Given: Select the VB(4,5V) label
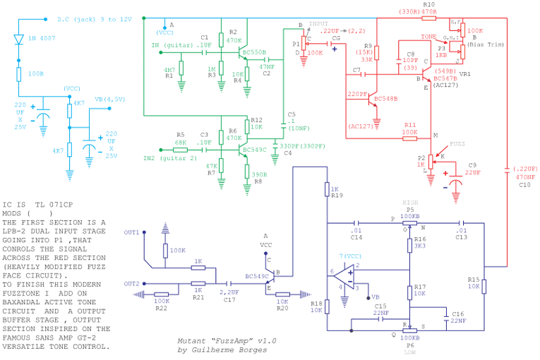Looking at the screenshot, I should (x=109, y=99).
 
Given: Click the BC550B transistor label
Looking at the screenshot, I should (x=254, y=52).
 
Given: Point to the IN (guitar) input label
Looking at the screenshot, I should (x=172, y=44).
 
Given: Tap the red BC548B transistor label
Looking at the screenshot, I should (x=385, y=98).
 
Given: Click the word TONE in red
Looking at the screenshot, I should (x=428, y=35).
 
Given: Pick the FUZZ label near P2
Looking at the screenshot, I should (x=457, y=143).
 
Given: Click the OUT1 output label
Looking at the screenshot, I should (x=131, y=232).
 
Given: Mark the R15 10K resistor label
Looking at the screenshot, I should (x=473, y=283).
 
